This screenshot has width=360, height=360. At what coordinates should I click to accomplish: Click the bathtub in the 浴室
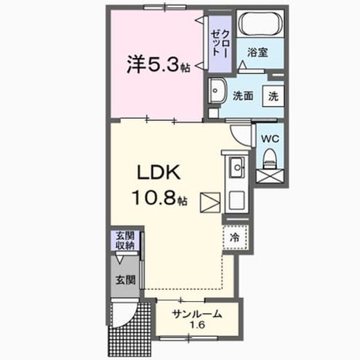(260, 23)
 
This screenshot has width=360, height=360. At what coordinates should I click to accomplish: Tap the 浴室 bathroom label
(258, 52)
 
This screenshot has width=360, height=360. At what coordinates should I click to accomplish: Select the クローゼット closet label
(220, 43)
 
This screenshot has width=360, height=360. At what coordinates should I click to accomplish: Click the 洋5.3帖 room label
(159, 65)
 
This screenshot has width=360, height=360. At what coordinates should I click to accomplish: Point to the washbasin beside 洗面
(217, 91)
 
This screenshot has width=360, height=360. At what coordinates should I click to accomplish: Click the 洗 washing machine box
(273, 96)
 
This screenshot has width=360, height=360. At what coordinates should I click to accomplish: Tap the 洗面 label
(243, 96)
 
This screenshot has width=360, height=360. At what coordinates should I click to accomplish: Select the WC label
(270, 139)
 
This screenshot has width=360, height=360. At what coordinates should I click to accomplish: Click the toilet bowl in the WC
(270, 159)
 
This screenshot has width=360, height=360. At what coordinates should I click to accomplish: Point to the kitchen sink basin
(237, 168)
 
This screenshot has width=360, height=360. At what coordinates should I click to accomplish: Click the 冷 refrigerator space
(235, 237)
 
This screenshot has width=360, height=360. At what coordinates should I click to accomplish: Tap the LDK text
(159, 173)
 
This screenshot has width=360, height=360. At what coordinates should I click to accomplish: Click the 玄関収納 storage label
(125, 240)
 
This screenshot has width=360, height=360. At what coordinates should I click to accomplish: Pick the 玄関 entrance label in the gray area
(125, 280)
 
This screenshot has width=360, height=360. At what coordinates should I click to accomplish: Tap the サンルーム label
(197, 314)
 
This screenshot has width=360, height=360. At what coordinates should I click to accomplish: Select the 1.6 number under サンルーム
(197, 325)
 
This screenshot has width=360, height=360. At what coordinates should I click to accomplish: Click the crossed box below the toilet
(270, 176)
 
